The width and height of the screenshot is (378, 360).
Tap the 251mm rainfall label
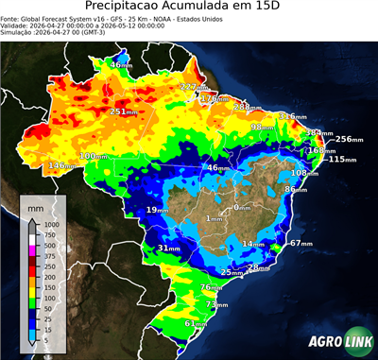(124, 111)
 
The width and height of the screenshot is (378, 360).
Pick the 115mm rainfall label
(341, 159)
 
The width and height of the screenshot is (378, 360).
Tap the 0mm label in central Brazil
(242, 207)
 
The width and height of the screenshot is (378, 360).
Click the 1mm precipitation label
(215, 218)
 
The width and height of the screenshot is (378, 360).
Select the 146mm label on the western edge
(61, 165)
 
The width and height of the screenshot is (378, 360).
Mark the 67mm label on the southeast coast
(300, 243)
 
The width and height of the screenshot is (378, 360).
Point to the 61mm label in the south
(195, 323)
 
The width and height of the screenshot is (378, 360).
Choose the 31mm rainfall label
(168, 249)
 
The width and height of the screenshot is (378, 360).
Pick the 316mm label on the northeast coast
(291, 116)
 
